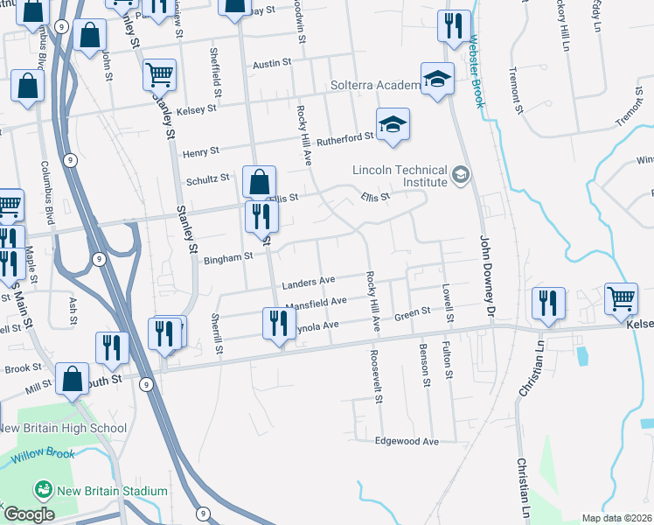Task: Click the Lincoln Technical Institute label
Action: click(400, 177)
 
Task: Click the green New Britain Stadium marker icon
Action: click(42, 490)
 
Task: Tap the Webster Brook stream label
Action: click(477, 70)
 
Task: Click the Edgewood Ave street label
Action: click(406, 442)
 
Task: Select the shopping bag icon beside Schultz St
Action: click(260, 182)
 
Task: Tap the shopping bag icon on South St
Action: click(73, 380)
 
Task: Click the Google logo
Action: click(29, 514)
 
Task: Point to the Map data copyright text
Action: click(616, 518)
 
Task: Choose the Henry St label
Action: click(200, 153)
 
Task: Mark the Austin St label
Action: click(270, 65)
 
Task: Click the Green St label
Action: click(413, 311)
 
